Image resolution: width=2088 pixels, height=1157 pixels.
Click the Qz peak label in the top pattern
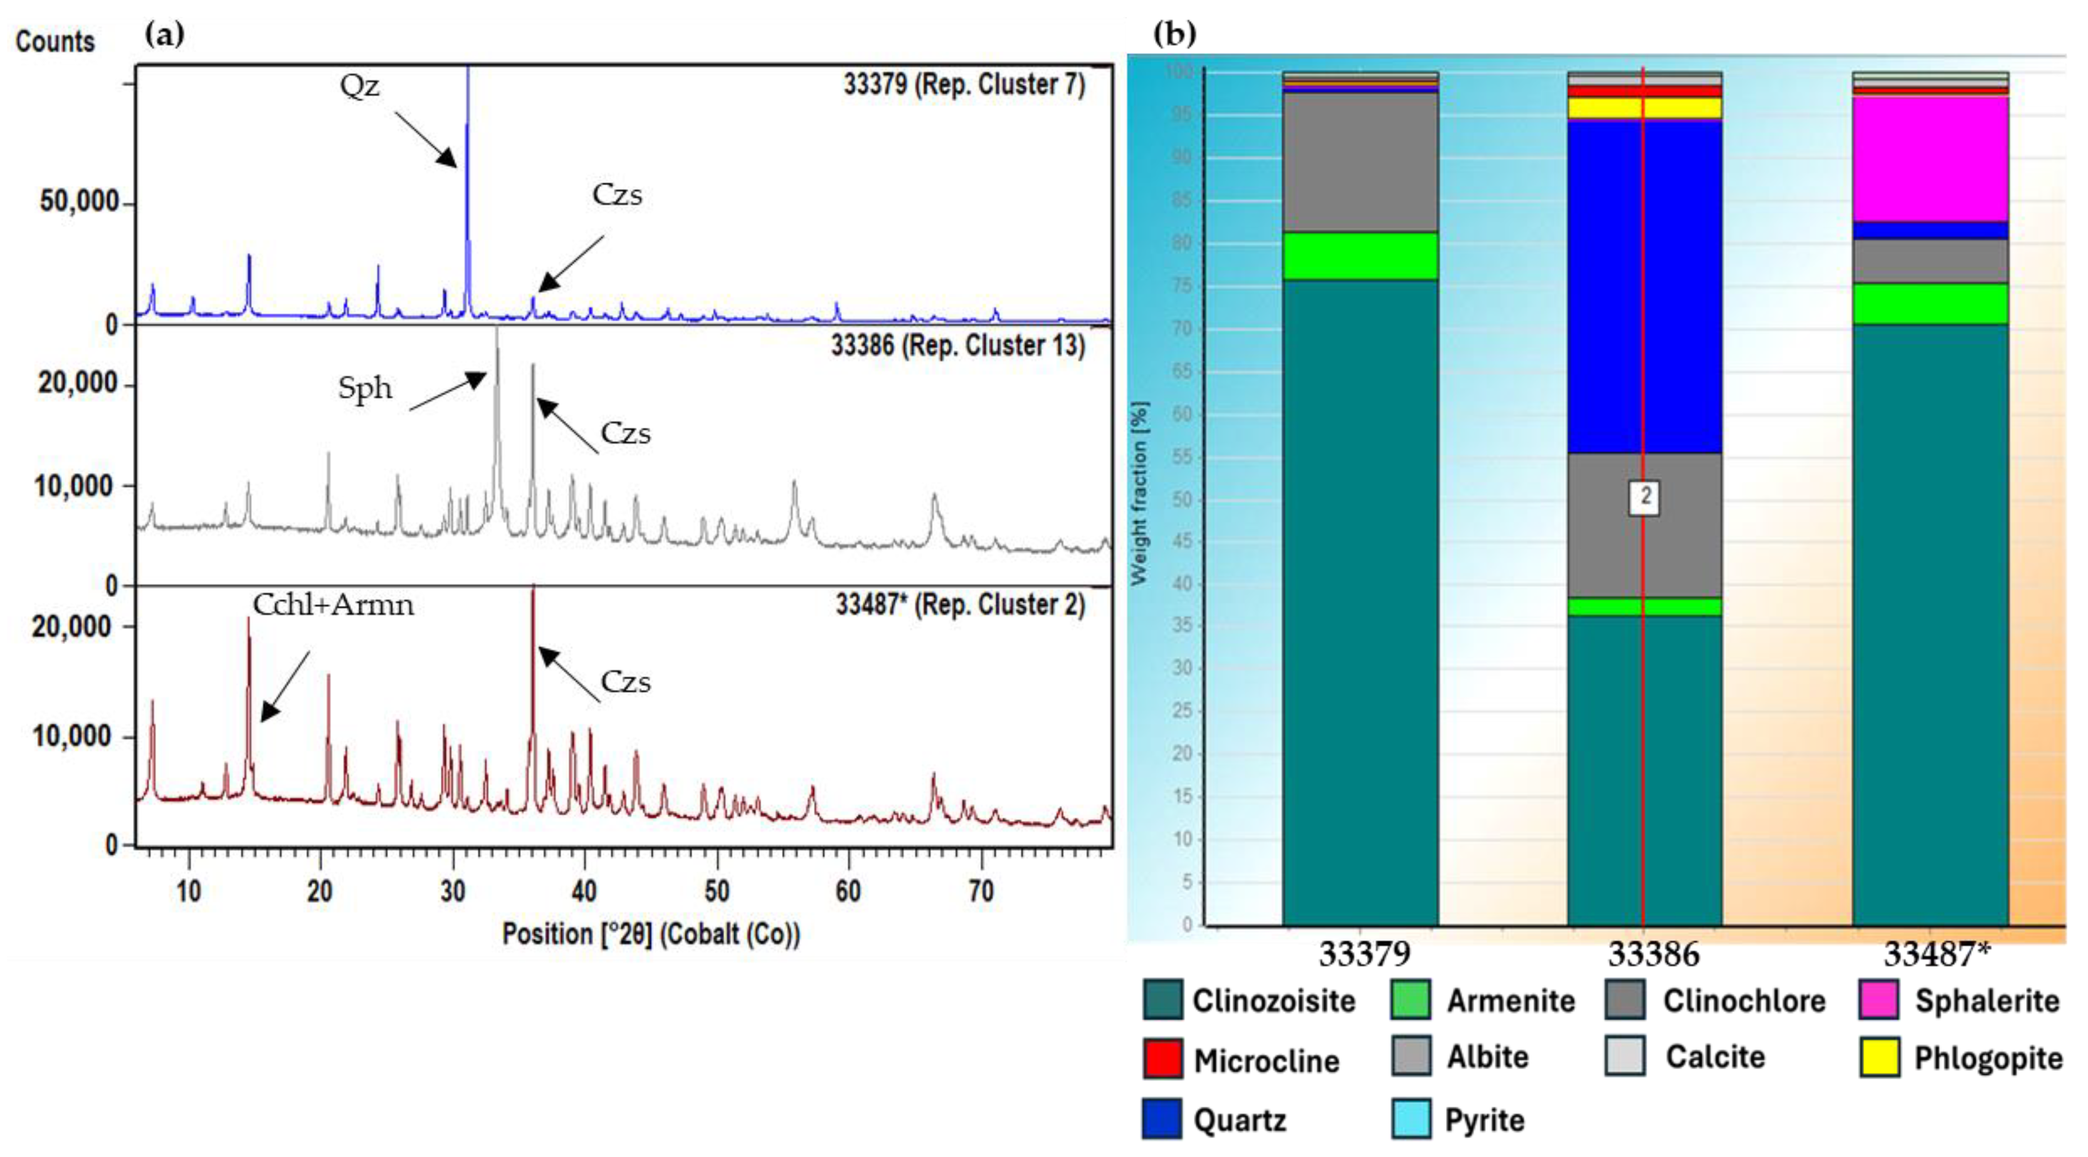tap(359, 85)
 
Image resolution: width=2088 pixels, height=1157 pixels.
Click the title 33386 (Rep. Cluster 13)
tap(957, 346)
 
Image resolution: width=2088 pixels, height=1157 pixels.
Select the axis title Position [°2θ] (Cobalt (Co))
tap(651, 934)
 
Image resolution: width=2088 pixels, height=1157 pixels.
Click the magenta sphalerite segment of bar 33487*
tap(1930, 159)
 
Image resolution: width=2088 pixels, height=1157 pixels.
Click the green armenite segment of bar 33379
tap(1360, 256)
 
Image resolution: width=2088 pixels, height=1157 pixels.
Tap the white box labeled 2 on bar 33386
tap(1645, 496)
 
